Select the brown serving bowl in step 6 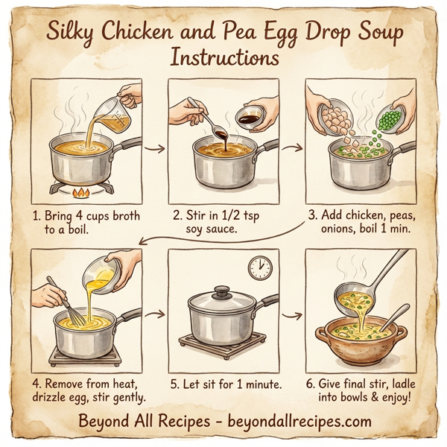coord(356,338)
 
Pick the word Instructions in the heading coord(223,57)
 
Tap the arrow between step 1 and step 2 coord(155,148)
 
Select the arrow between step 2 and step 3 coord(292,148)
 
